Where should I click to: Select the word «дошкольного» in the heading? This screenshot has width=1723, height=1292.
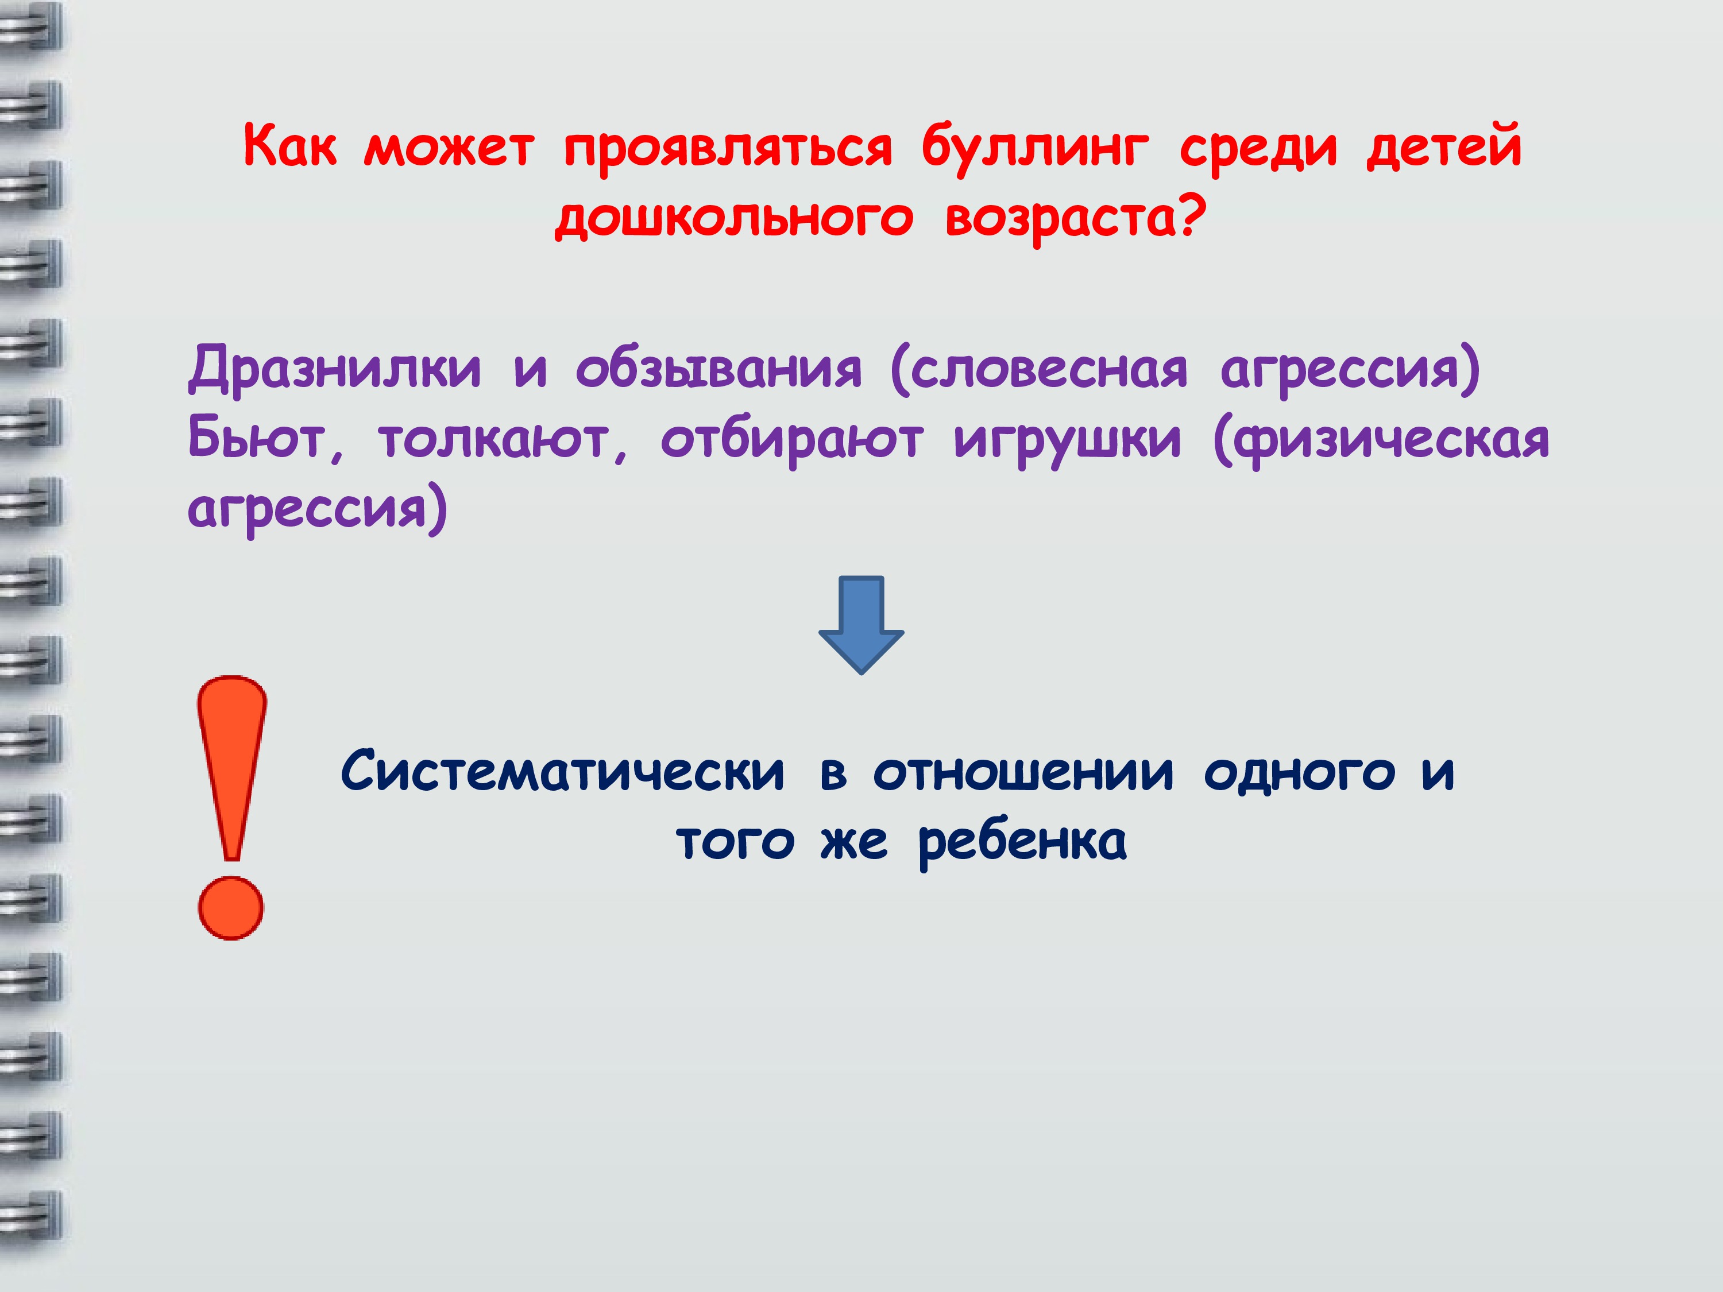click(x=734, y=219)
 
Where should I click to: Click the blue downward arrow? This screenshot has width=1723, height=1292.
click(x=861, y=625)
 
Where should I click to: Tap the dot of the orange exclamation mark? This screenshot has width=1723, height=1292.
click(x=231, y=908)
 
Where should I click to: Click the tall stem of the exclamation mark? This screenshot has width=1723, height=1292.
click(x=232, y=767)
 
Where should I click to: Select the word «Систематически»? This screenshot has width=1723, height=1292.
click(x=562, y=772)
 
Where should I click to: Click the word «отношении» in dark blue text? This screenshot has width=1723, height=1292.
click(x=1023, y=772)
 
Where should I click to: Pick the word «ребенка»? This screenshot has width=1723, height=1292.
click(x=1022, y=842)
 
